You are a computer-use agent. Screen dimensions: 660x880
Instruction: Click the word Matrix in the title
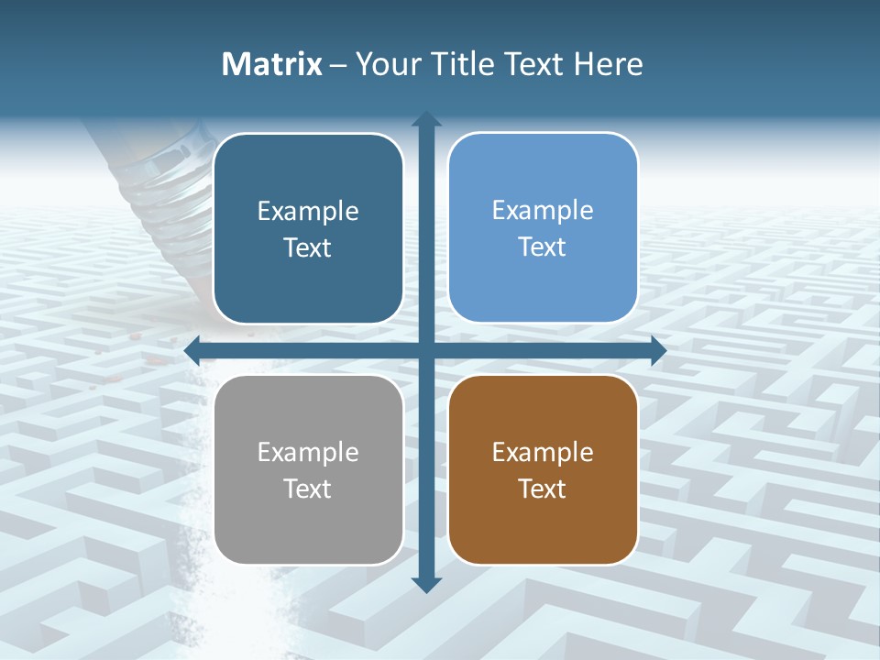[x=272, y=64]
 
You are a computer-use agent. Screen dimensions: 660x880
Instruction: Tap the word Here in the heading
[x=609, y=64]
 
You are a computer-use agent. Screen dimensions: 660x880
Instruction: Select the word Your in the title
[x=386, y=64]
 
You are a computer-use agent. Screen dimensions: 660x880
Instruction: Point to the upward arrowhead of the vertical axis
[x=426, y=119]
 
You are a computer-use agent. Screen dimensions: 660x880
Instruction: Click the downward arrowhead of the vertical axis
[x=426, y=584]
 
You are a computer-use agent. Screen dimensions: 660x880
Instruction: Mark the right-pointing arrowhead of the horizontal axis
[x=657, y=350]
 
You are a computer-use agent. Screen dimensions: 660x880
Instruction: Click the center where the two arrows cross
[x=426, y=350]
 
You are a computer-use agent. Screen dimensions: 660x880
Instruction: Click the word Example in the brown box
[x=543, y=452]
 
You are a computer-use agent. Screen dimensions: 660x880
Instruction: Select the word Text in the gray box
[x=308, y=489]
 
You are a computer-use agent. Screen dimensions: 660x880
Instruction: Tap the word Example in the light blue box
[x=543, y=210]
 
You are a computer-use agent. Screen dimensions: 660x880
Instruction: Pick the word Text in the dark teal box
[x=308, y=247]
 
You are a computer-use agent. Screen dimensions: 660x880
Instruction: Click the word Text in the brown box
[x=543, y=489]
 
